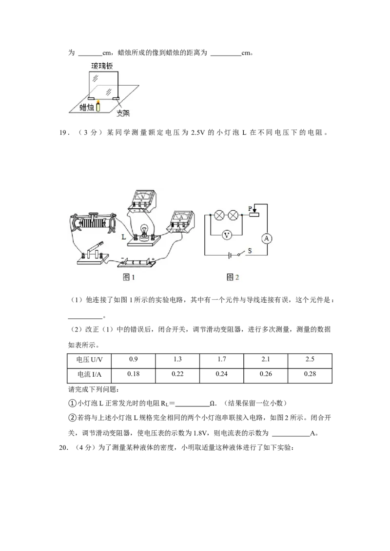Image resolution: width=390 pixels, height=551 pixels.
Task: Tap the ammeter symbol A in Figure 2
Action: coord(267,239)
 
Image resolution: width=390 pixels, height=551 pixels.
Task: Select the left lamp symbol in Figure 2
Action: coord(220,215)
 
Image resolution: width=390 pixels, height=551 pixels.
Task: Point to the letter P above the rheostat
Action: coord(250,209)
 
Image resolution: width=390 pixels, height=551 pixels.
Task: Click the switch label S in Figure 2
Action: coord(250,251)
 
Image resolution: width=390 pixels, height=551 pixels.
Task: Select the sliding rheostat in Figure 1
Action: coord(93,223)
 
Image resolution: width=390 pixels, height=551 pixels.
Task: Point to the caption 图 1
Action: coord(129,277)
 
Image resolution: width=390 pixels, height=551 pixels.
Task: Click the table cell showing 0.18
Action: coord(134,374)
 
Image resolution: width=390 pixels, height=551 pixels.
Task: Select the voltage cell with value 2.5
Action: coord(310,360)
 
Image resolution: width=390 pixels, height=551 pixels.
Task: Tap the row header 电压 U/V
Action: coord(89,360)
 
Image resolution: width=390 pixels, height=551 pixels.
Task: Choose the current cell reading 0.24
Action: coord(221,374)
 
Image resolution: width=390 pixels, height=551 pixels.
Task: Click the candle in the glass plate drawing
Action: coord(98,106)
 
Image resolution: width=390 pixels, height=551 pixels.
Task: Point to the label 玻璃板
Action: coord(102,66)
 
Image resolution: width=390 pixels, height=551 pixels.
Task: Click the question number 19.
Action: coord(63,133)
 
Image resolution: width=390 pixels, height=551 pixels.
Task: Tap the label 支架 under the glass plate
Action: coord(123,113)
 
